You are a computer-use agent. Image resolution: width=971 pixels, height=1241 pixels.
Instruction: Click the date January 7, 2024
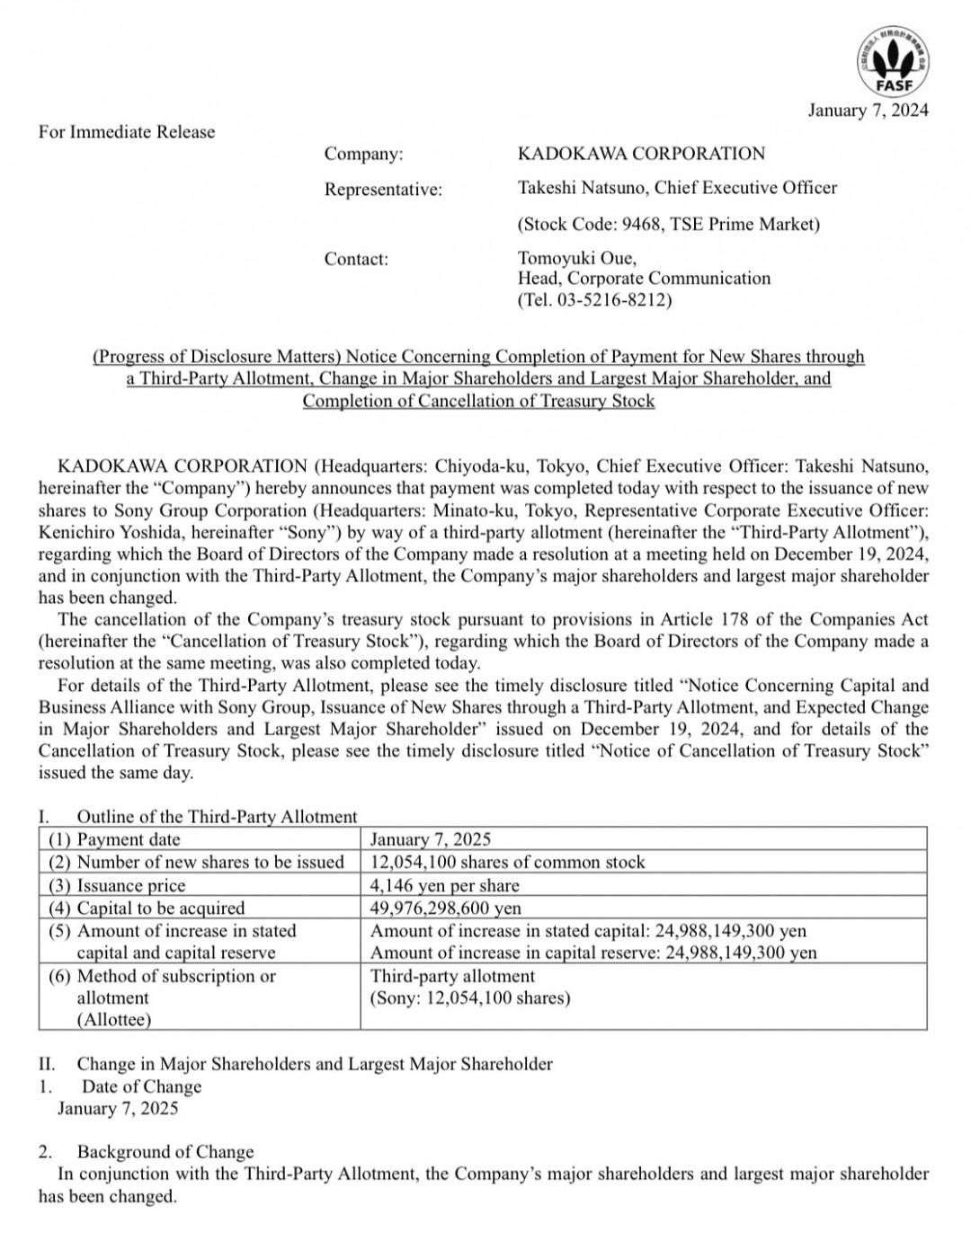point(868,111)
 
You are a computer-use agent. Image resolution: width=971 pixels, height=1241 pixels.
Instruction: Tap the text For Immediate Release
point(127,132)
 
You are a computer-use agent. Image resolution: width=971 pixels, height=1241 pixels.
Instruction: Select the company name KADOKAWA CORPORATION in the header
point(641,154)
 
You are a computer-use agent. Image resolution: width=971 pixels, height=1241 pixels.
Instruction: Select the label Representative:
point(383,190)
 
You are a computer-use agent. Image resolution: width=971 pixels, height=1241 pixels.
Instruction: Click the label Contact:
point(356,260)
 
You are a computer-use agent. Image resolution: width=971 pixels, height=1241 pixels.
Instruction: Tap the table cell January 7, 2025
point(431,839)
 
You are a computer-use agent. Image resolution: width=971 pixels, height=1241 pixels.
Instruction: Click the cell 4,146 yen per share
point(444,885)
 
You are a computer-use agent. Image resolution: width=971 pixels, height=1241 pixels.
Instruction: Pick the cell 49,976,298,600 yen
point(445,908)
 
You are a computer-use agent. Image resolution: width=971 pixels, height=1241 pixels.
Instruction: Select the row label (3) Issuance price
point(117,885)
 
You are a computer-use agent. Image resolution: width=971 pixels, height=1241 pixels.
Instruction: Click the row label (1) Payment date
point(114,839)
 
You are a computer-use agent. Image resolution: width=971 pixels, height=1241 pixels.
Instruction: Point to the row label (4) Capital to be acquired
point(146,908)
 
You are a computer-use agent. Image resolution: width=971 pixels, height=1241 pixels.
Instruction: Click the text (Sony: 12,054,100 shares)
point(470,997)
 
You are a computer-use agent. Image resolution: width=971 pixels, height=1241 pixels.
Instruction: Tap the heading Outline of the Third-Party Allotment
point(217,817)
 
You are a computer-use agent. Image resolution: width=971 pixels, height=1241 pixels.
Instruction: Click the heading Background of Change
point(165,1152)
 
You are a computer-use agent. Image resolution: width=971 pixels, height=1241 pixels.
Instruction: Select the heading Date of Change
point(142,1086)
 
